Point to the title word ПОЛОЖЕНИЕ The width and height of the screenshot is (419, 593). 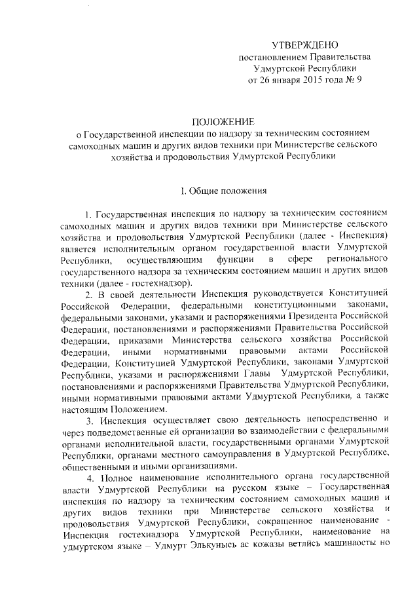pyautogui.click(x=222, y=122)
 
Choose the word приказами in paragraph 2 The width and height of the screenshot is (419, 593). pyautogui.click(x=143, y=341)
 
